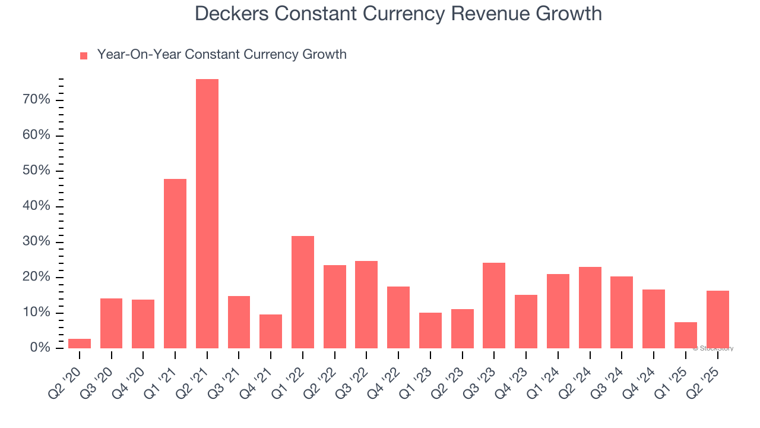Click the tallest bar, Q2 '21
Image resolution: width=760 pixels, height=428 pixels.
[207, 214]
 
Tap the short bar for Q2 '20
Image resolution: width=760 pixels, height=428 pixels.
[80, 344]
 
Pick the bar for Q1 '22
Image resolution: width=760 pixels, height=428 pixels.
[303, 292]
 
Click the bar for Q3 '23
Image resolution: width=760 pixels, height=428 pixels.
[494, 306]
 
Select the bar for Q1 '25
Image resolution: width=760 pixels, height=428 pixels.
[685, 335]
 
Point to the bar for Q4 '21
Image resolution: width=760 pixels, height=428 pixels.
[271, 331]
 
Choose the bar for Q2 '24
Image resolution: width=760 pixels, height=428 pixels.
[590, 307]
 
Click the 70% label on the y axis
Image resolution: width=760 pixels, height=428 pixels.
[36, 100]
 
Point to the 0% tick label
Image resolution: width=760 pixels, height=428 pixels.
[40, 348]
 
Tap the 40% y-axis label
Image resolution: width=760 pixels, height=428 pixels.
[36, 206]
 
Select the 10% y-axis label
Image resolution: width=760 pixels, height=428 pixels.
[36, 313]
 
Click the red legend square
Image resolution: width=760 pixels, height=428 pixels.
[84, 56]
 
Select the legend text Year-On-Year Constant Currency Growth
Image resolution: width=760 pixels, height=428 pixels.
[221, 55]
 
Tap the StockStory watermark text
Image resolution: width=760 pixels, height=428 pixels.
[712, 348]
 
